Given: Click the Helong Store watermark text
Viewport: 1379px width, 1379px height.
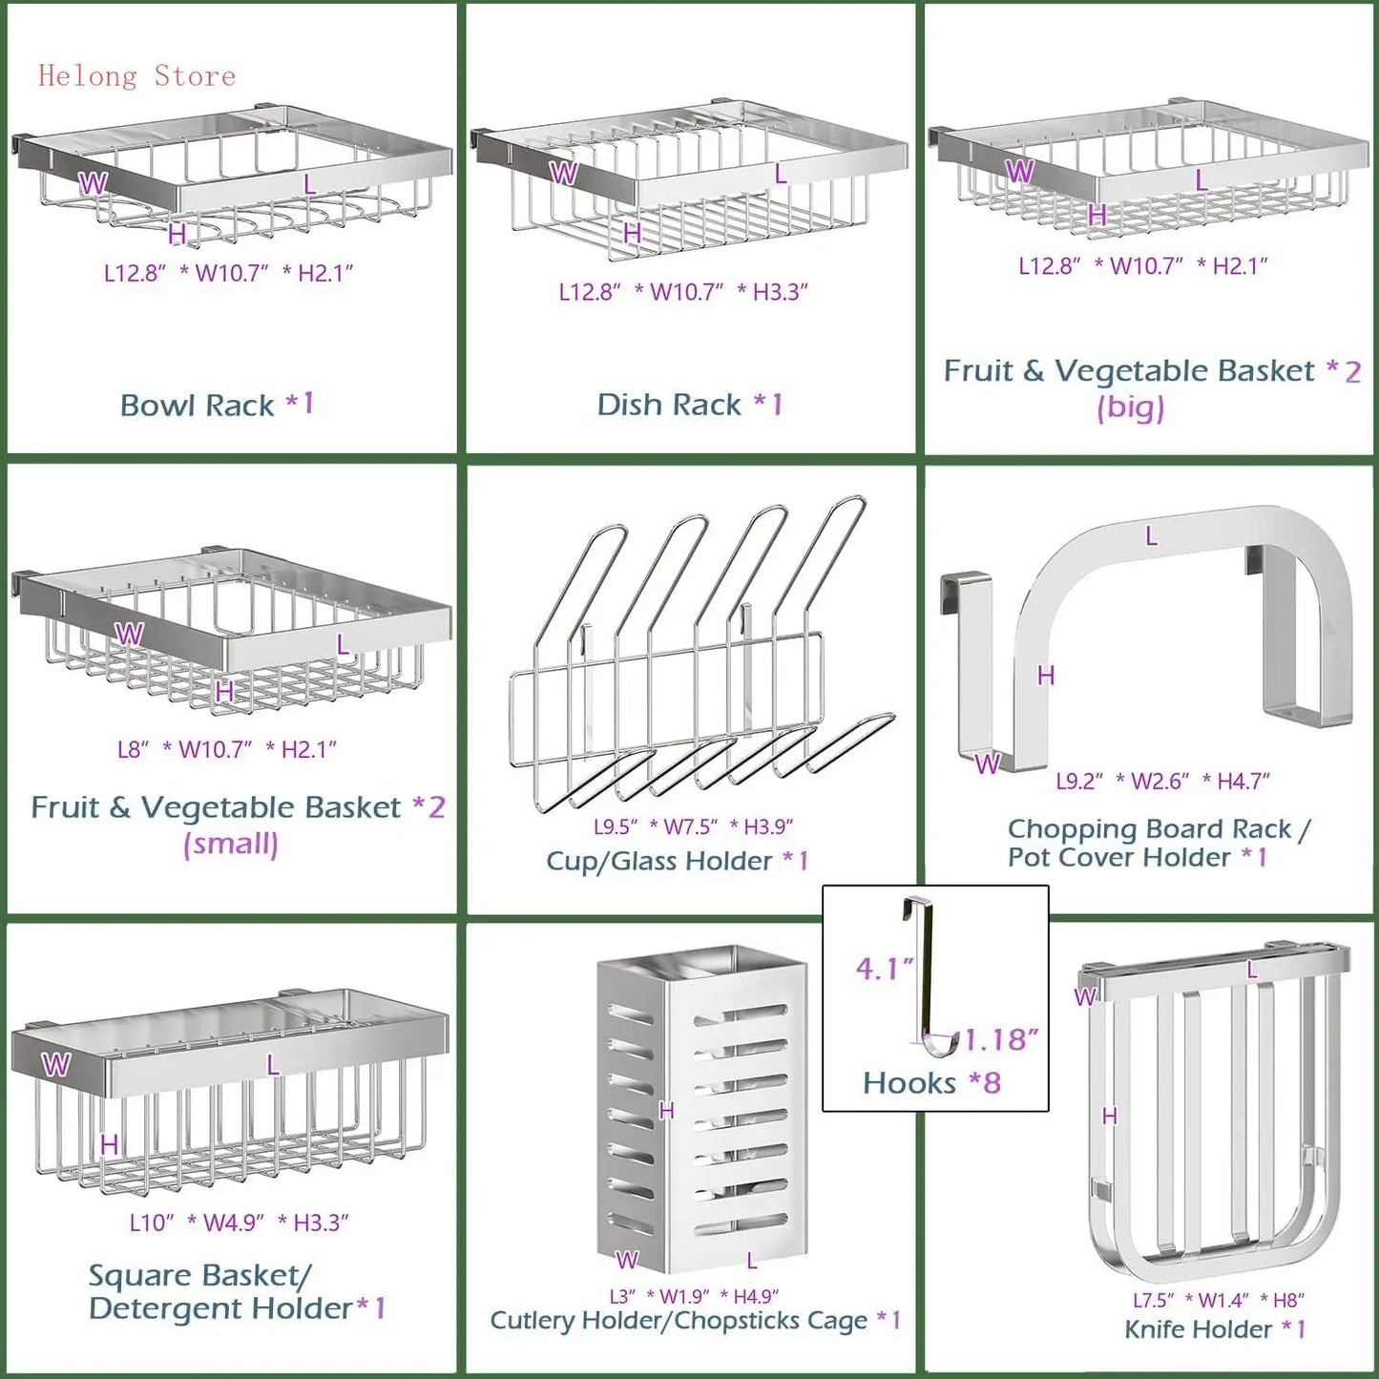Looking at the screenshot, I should [x=136, y=76].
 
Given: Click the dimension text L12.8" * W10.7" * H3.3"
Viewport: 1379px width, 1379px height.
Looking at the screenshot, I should [x=683, y=292].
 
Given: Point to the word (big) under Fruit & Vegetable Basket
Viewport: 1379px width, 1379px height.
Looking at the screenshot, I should [x=1130, y=407].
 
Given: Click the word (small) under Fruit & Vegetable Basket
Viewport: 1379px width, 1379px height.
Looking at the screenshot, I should [x=231, y=844].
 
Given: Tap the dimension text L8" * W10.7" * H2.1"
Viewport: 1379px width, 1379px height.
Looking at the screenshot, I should [x=227, y=750].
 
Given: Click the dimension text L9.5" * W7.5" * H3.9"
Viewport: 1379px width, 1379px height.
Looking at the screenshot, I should [x=693, y=826].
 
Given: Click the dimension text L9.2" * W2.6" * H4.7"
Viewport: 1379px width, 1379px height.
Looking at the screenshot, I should [x=1162, y=782].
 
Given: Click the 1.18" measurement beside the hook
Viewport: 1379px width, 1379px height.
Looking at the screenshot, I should [x=1001, y=1039].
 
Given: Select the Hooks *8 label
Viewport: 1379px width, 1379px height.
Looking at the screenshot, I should [x=931, y=1083].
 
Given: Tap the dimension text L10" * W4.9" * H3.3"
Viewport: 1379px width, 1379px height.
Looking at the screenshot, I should [x=239, y=1223].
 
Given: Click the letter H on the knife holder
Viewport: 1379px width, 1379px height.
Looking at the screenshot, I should [x=1109, y=1116].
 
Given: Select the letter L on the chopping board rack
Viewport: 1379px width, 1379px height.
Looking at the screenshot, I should [x=1151, y=537].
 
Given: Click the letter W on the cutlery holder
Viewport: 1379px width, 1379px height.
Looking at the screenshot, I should [x=626, y=1261].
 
